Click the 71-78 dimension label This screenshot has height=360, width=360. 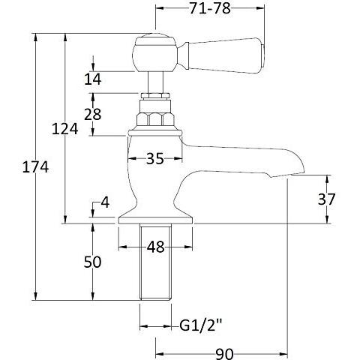(210, 8)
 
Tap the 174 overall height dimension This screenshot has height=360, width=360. (35, 167)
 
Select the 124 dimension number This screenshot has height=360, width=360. (64, 129)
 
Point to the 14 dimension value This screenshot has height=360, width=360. (92, 79)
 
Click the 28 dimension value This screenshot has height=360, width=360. (92, 114)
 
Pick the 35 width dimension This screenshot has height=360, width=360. (155, 158)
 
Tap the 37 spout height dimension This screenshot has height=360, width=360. (326, 199)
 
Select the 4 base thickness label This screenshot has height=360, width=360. (105, 202)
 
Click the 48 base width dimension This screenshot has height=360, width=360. (155, 247)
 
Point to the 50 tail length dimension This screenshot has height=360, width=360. (92, 262)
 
